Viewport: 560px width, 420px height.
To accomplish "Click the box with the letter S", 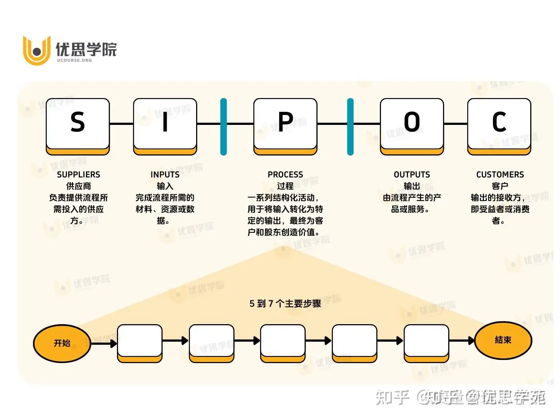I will (x=78, y=123).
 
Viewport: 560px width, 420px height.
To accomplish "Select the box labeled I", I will (x=165, y=123).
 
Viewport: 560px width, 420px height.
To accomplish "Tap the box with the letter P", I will (x=285, y=123).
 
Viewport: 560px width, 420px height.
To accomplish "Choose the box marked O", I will (x=412, y=123).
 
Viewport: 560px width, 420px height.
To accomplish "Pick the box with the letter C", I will (x=499, y=123).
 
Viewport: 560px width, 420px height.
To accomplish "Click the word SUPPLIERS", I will (x=78, y=175).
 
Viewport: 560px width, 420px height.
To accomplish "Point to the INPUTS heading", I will (x=165, y=175).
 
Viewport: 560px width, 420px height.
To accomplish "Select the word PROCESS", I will (x=285, y=175).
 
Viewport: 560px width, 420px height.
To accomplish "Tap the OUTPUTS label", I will (x=412, y=175).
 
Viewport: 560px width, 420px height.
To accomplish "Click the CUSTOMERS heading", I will (x=500, y=175).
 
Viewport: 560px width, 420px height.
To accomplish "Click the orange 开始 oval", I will (x=62, y=343).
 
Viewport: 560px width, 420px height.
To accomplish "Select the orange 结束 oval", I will (x=503, y=340).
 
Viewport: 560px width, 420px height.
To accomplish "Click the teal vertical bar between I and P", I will (x=224, y=126).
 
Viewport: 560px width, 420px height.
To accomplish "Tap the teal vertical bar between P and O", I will (x=350, y=126).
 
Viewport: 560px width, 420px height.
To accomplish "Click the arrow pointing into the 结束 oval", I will (x=462, y=340).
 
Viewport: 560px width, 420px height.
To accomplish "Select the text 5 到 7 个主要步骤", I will (x=285, y=303).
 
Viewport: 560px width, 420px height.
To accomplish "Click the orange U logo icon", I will (x=37, y=51).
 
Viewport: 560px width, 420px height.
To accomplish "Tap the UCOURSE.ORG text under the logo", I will (x=74, y=60).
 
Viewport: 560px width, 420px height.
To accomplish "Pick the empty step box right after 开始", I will (x=140, y=341).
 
